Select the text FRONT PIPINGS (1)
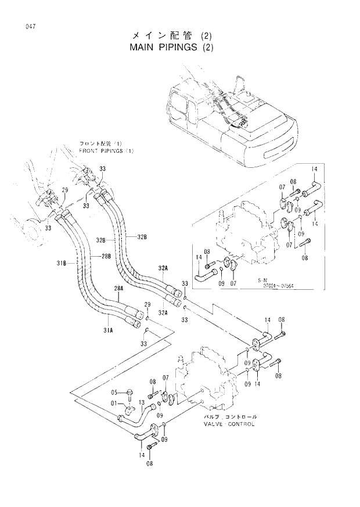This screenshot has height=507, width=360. click(106, 151)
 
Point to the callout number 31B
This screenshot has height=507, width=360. click(62, 264)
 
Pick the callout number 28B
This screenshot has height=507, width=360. click(105, 256)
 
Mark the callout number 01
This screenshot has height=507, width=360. click(114, 404)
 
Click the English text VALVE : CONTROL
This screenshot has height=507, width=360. click(229, 424)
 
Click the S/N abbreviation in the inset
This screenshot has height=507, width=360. click(262, 279)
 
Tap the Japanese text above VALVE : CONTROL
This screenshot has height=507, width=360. click(229, 417)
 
